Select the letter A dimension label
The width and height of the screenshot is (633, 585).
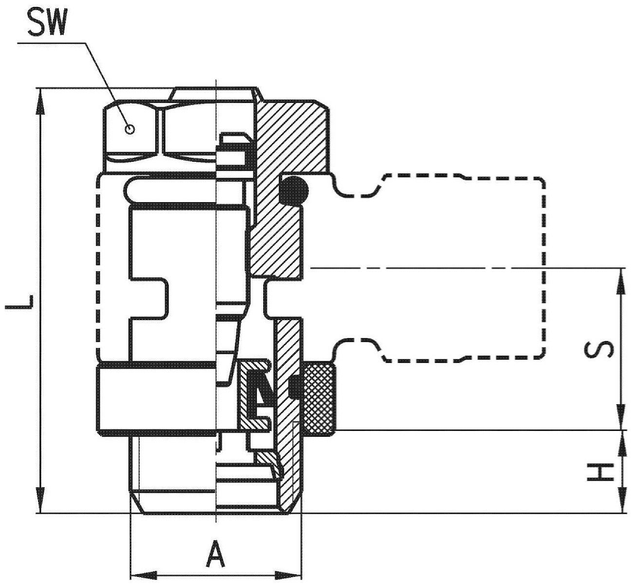[216, 553]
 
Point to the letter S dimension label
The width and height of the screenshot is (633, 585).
[598, 349]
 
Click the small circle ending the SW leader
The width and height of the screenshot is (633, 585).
[130, 129]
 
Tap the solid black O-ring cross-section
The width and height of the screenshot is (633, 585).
[294, 190]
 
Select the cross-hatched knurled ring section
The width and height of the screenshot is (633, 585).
[319, 397]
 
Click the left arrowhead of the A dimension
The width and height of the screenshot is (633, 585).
[144, 575]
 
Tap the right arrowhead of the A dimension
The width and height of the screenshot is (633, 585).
[288, 575]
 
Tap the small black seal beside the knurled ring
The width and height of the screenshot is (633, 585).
[296, 386]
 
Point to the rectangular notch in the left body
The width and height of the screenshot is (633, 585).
[149, 299]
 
